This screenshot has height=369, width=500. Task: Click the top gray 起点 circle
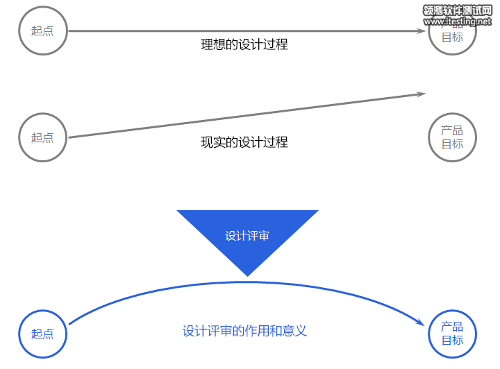[42, 31]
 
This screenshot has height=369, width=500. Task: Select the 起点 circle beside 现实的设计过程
[42, 137]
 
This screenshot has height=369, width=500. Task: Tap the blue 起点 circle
[42, 334]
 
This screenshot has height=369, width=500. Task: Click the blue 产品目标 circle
[452, 334]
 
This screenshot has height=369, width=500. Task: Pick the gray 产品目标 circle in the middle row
[452, 137]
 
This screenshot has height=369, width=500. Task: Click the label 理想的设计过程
[244, 45]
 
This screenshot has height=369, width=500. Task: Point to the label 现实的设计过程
[244, 142]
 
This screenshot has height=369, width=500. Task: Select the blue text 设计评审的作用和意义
[244, 331]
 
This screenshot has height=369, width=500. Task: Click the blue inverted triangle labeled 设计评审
[247, 232]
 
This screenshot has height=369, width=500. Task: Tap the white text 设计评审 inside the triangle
[247, 236]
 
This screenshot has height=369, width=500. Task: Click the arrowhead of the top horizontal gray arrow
[421, 31]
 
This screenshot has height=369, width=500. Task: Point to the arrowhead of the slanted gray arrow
[421, 94]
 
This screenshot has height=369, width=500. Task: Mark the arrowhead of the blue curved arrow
[421, 323]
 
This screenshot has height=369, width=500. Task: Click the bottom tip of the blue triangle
[247, 275]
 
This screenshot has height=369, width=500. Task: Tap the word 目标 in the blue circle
[452, 341]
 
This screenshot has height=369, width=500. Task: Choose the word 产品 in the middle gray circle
[452, 130]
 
